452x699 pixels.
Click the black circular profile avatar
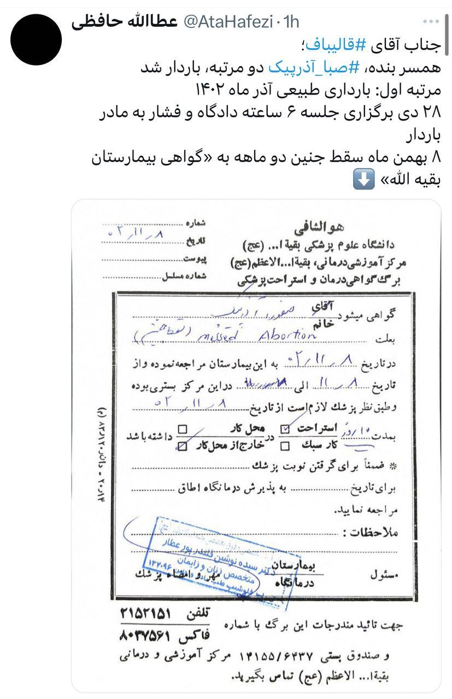click(36, 39)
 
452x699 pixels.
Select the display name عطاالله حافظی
click(125, 22)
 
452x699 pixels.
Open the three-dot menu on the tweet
click(431, 21)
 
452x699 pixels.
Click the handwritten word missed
click(221, 337)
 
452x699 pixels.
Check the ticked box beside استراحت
click(285, 430)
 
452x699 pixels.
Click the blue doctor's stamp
click(213, 560)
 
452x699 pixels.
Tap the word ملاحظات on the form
click(374, 531)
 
